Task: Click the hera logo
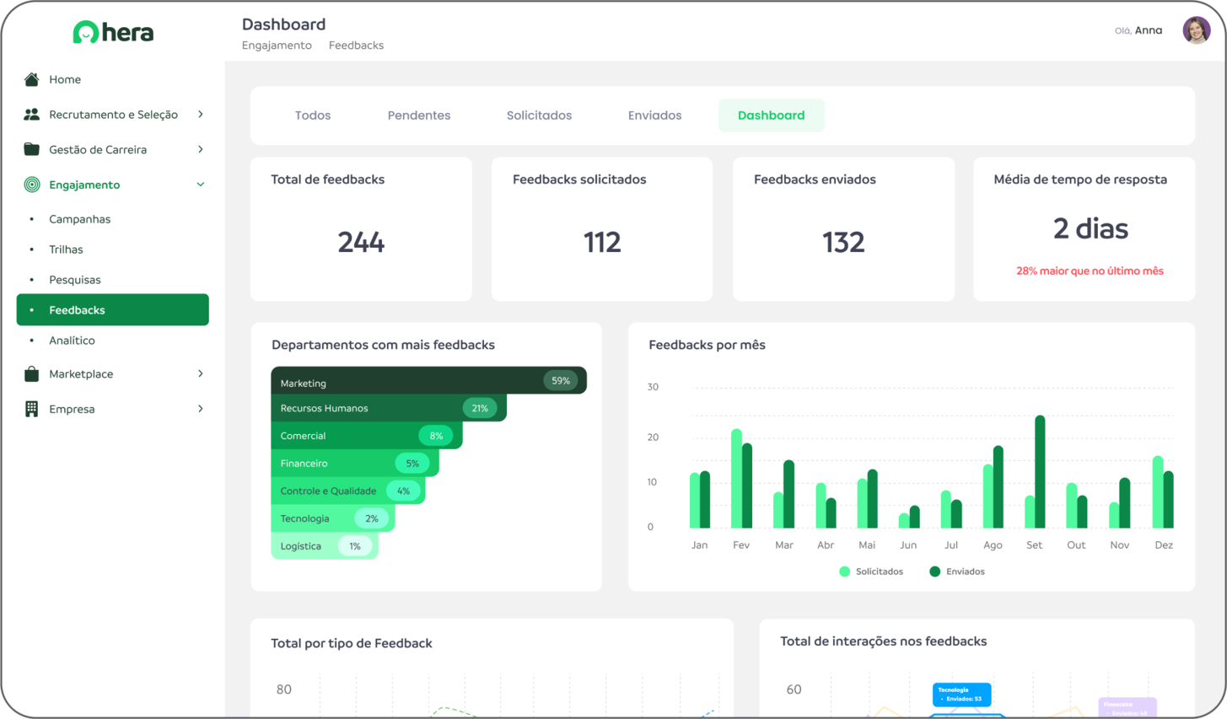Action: [x=113, y=33]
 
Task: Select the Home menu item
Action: [x=65, y=79]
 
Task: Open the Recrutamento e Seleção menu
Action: [x=113, y=115]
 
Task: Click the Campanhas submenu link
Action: [x=79, y=219]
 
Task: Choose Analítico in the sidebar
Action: [x=72, y=341]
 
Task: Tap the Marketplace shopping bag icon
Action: [x=31, y=373]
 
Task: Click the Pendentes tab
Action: [x=418, y=115]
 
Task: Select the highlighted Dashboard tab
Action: [x=771, y=115]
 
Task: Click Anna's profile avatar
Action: [x=1196, y=30]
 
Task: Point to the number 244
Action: [x=361, y=243]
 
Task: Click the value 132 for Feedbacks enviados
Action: [x=843, y=243]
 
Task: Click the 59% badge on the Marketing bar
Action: [x=561, y=381]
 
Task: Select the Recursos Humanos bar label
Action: [x=324, y=408]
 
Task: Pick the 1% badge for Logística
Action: [x=355, y=546]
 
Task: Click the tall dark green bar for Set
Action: [x=1040, y=472]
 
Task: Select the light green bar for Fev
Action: [x=736, y=479]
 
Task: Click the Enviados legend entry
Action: [x=957, y=571]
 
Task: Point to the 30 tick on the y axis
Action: [x=653, y=387]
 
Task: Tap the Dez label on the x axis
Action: [x=1163, y=545]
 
